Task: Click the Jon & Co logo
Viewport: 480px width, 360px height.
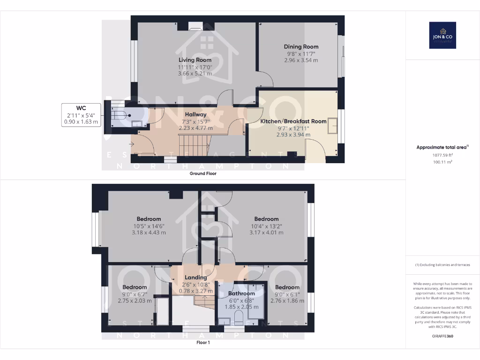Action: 442,35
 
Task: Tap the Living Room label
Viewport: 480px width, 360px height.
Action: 195,60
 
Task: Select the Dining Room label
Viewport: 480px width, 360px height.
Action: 301,46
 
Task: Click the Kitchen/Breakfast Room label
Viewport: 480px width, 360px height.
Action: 293,121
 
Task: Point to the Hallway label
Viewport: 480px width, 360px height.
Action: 195,114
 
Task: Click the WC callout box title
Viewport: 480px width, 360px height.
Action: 81,107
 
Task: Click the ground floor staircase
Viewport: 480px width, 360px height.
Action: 193,143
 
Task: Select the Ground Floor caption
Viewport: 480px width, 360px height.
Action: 202,173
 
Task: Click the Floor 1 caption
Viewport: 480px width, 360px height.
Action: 202,343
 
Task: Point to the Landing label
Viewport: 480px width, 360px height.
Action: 195,277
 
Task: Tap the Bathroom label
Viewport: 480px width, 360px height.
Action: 241,293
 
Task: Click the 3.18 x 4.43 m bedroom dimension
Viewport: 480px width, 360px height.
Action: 149,232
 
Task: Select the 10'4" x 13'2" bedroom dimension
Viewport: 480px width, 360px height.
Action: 266,226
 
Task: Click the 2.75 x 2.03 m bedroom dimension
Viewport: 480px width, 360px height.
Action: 135,301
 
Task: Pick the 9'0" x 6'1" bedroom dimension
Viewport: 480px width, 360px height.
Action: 287,294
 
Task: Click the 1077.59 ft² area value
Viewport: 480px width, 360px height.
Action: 442,155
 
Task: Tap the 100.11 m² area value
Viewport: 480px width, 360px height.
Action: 442,162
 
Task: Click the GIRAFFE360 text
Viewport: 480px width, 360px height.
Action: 442,336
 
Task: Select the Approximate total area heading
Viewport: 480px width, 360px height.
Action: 442,147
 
